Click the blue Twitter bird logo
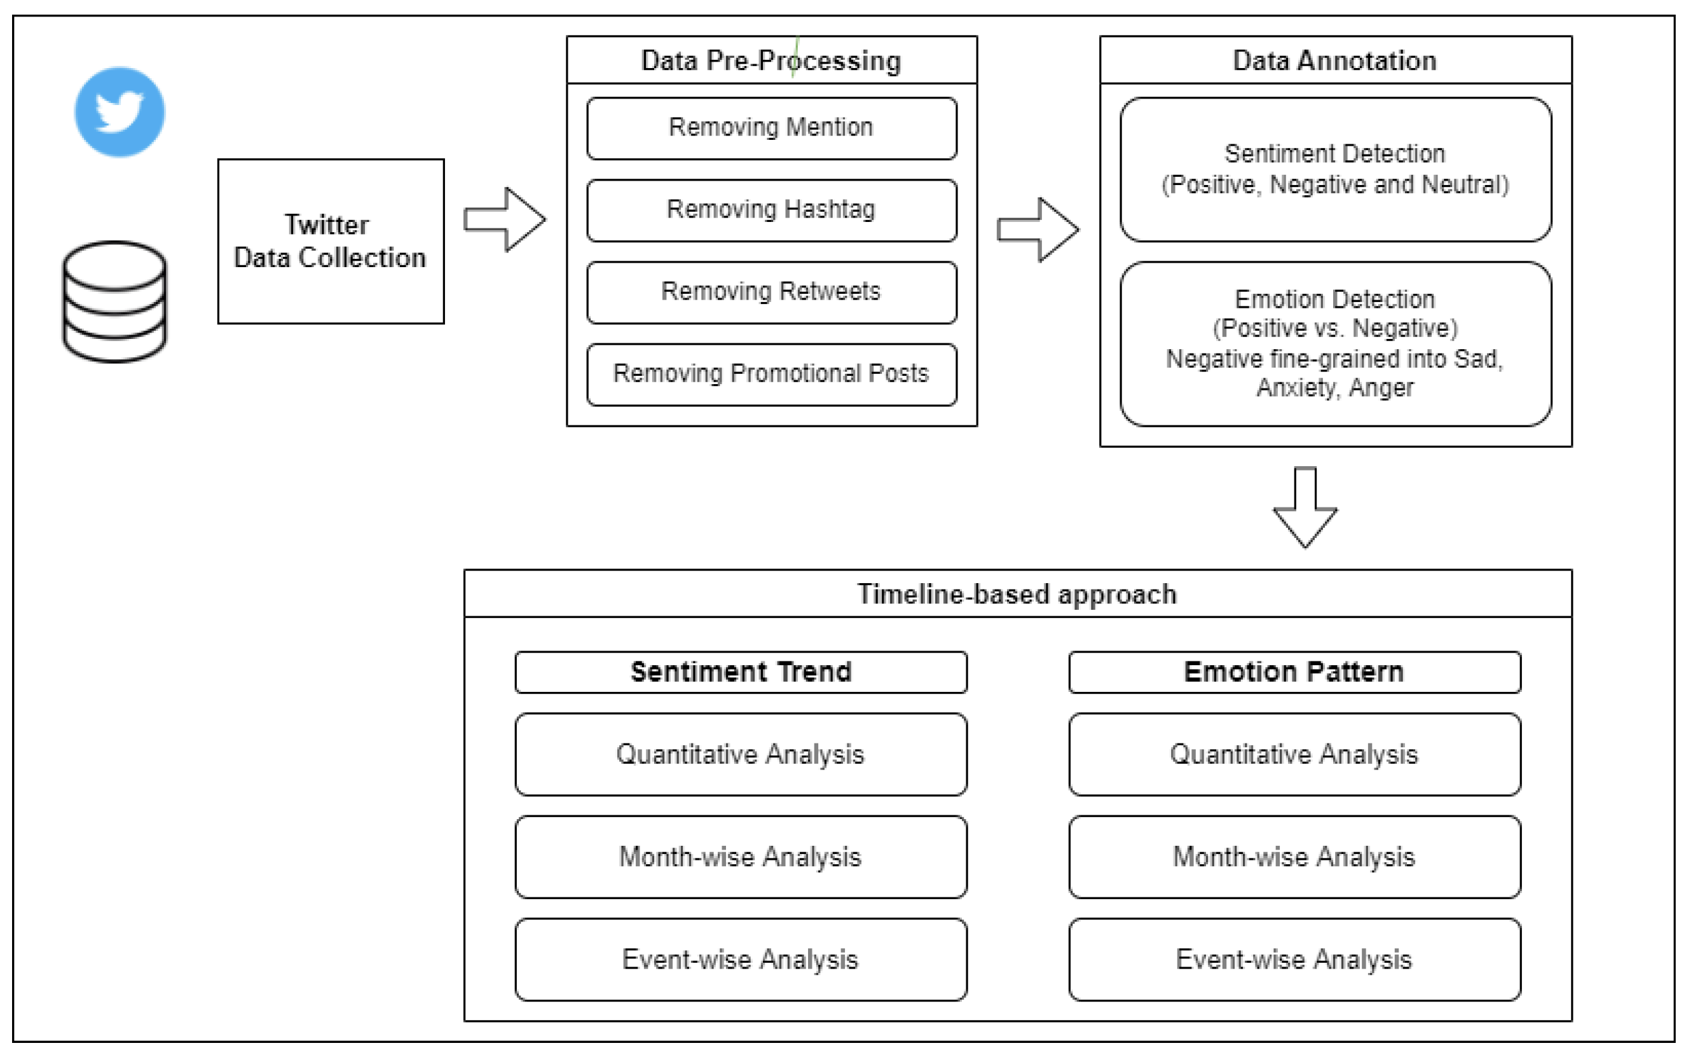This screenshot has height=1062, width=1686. (x=120, y=112)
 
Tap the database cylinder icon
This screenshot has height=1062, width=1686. (x=115, y=302)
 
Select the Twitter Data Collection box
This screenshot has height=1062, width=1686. (x=331, y=242)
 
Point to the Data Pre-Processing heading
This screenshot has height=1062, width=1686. (x=771, y=60)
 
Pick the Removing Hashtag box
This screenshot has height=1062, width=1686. (x=772, y=210)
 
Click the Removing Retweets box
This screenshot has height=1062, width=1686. (x=772, y=292)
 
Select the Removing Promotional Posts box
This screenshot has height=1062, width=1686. (x=772, y=374)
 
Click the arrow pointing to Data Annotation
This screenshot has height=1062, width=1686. (x=1038, y=230)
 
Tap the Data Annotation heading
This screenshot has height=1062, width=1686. (x=1334, y=60)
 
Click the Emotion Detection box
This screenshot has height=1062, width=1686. (x=1334, y=343)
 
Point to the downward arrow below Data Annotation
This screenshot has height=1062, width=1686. (x=1305, y=508)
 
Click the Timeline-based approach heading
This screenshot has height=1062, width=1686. (x=1017, y=594)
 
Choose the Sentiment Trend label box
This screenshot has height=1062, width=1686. (x=741, y=672)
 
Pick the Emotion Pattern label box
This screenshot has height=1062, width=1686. (x=1294, y=672)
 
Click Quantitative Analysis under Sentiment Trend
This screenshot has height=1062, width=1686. (x=741, y=754)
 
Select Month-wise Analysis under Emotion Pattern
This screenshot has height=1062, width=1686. (x=1294, y=857)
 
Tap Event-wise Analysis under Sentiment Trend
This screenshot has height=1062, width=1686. (x=741, y=959)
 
